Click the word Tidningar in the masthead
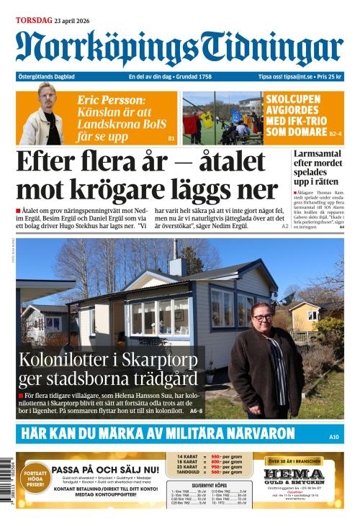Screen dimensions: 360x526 click(x=271, y=49)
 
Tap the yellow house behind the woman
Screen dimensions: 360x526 click(x=305, y=315)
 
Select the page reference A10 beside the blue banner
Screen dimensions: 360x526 click(x=333, y=437)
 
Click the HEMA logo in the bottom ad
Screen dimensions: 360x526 click(x=293, y=476)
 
